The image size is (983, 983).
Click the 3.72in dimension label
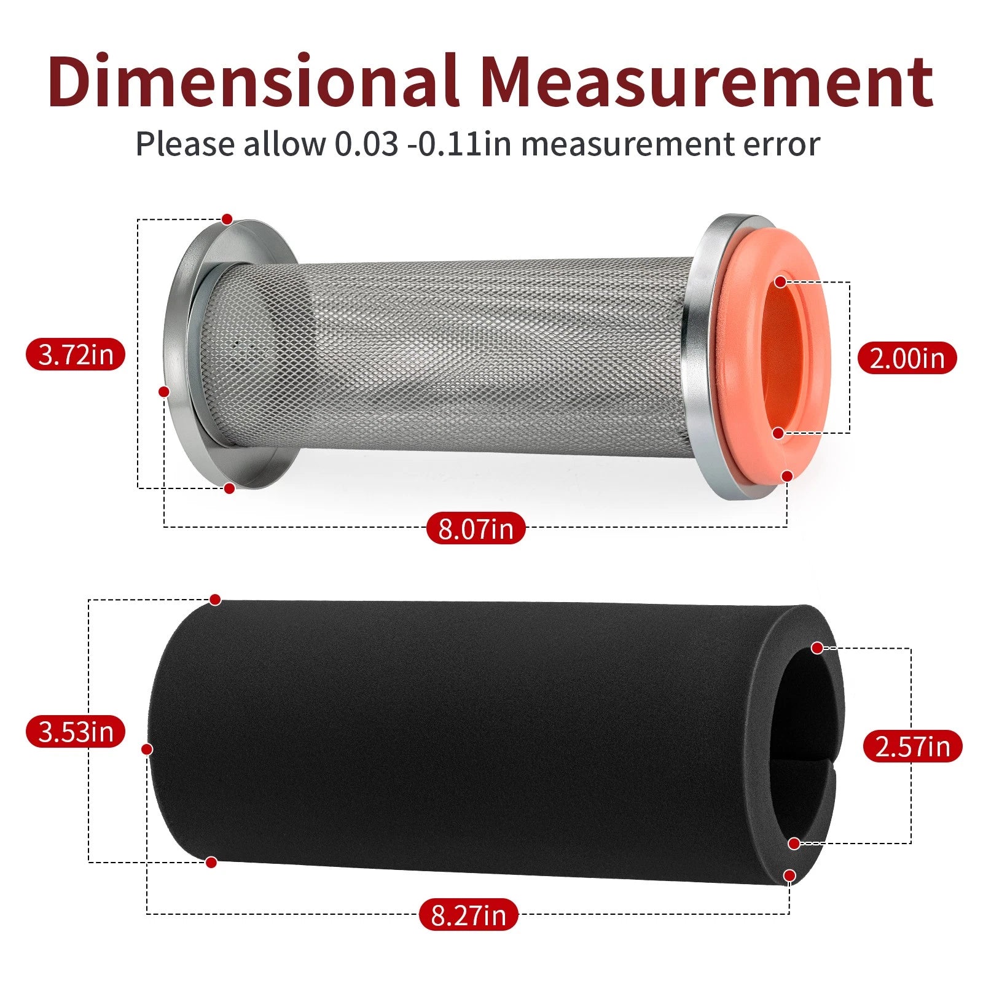[x=75, y=354]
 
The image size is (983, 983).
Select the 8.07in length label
[x=476, y=528]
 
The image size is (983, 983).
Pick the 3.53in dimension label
[x=76, y=732]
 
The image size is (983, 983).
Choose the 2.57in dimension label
[x=912, y=746]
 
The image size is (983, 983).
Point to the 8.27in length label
[x=469, y=914]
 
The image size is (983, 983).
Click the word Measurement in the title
[x=707, y=81]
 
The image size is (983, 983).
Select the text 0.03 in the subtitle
[x=366, y=144]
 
